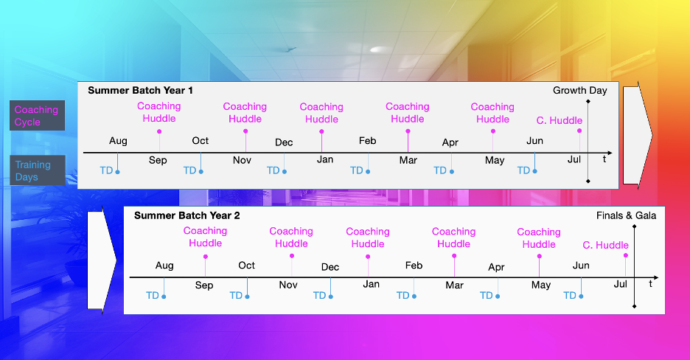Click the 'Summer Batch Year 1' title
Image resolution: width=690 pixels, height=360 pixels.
pos(140,91)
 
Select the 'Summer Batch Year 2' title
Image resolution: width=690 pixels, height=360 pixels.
pos(187,215)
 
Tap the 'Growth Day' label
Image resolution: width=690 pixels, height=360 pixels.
pos(580,91)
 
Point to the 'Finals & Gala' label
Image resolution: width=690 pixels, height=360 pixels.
pos(626,215)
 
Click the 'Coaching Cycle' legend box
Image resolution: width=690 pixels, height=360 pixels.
pos(37,116)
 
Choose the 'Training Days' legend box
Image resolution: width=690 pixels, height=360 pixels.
pos(37,170)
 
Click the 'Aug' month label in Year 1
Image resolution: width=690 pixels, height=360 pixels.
pos(118,141)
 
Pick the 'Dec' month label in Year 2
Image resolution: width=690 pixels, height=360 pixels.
pos(330,267)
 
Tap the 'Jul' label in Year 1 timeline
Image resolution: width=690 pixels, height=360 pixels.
pos(574,160)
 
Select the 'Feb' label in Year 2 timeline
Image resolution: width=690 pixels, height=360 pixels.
pos(414,266)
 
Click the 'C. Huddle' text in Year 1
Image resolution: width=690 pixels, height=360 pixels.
pos(560,120)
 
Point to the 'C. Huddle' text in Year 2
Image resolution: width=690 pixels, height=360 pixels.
pos(605,245)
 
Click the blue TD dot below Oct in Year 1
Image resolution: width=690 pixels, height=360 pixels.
pos(201,172)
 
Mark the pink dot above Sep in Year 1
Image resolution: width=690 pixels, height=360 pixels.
pos(159,131)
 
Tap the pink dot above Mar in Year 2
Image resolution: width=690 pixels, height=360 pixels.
pos(454,256)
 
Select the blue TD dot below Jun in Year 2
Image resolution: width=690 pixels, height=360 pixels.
pos(582,297)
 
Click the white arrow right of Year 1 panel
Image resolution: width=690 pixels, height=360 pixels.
pos(637,136)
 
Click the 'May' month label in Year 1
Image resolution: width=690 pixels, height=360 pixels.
pos(495,161)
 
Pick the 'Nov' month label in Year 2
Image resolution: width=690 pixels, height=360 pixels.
pos(288,285)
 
